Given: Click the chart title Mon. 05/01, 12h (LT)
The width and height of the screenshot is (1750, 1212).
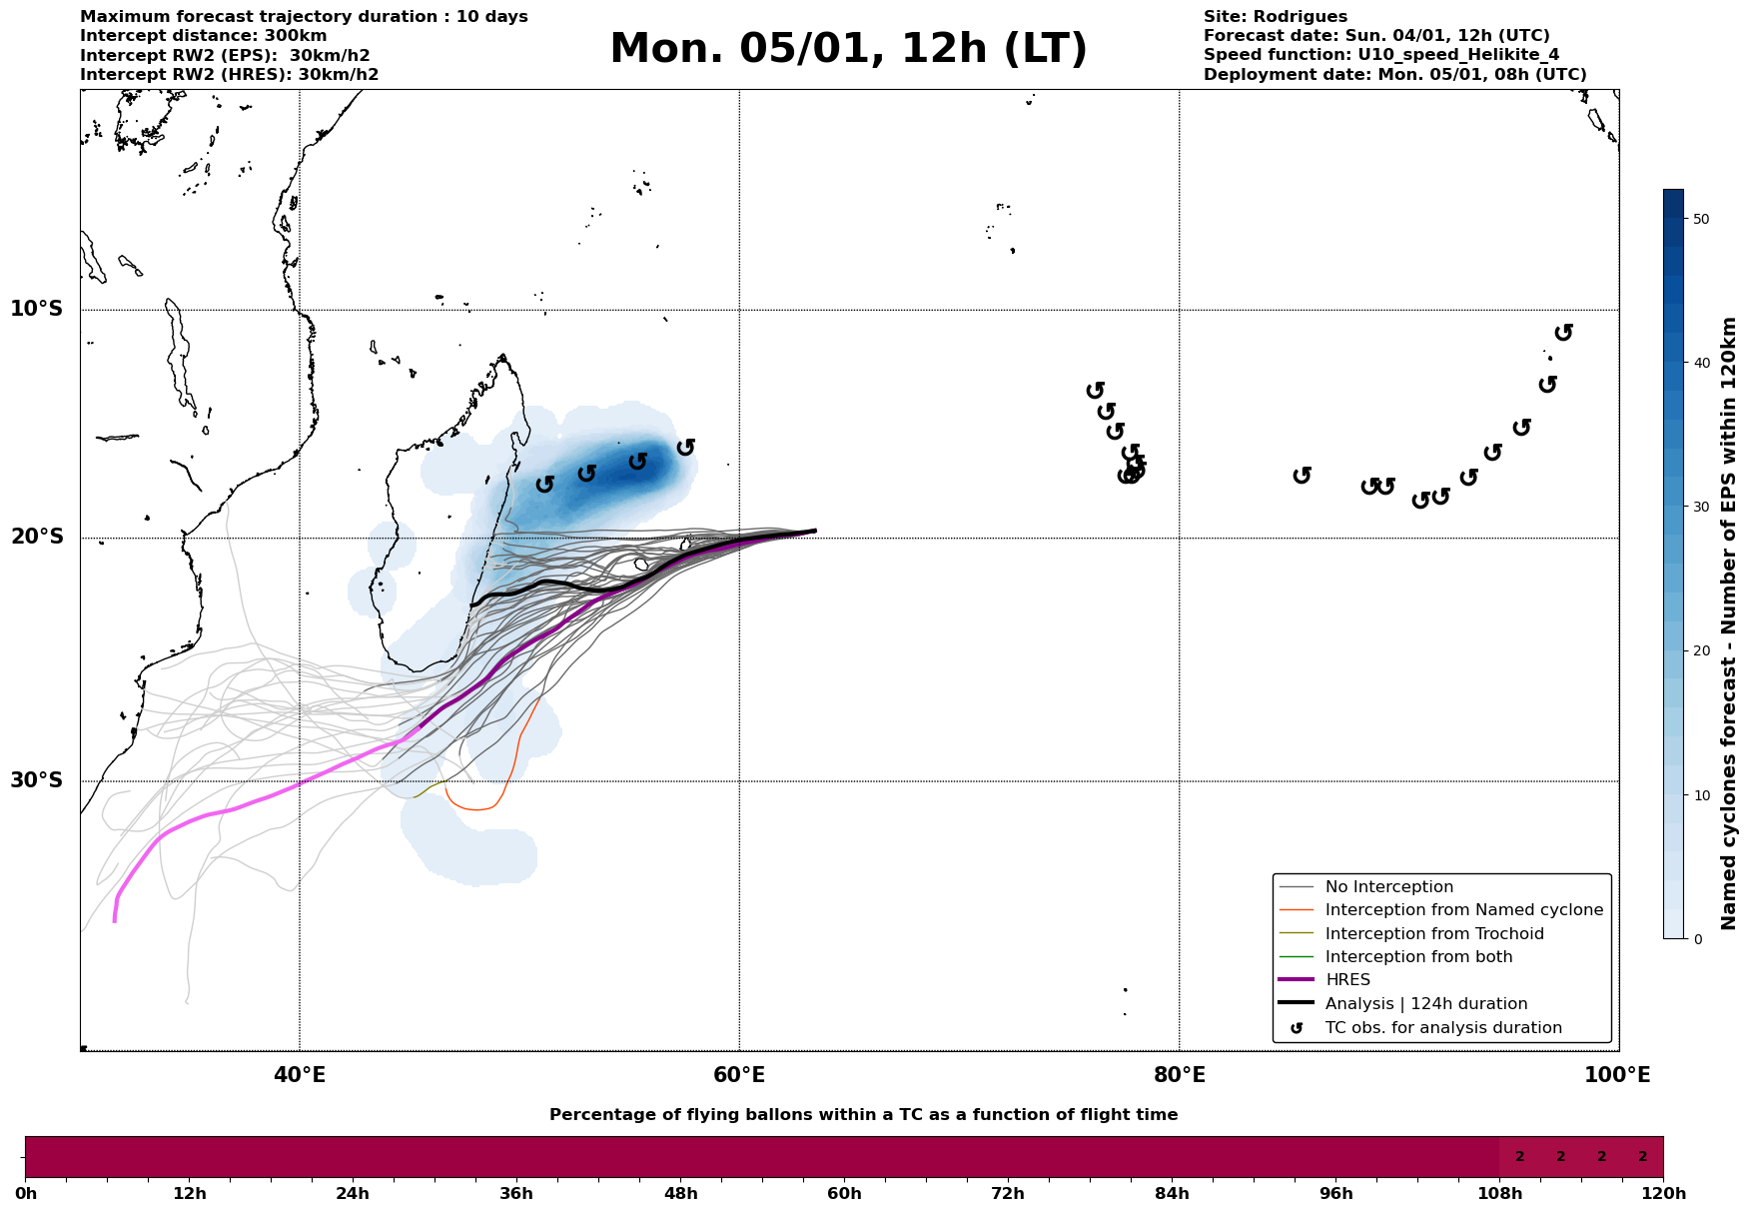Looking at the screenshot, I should (848, 49).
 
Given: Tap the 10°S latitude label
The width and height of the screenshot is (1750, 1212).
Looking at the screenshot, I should (37, 309).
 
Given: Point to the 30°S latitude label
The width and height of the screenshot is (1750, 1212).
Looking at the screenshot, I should (37, 780).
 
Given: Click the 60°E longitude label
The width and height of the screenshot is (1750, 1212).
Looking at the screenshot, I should (739, 1075).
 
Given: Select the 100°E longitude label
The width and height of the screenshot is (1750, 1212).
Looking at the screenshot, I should (1618, 1075).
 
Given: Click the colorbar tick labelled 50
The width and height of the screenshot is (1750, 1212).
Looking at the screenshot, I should (1701, 219).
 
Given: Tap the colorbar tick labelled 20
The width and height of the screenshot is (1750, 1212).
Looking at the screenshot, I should (1701, 651).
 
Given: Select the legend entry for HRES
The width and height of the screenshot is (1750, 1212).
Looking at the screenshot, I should (1347, 980).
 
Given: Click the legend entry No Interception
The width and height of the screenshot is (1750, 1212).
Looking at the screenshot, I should (1388, 887).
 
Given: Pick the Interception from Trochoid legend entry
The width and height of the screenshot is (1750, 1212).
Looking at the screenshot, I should (1433, 934).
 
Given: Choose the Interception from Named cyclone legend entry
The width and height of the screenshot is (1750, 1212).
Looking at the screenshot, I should (1463, 910).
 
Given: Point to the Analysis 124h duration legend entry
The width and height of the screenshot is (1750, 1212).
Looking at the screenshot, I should (1425, 1004).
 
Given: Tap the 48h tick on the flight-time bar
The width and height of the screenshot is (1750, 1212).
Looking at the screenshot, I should (680, 1193).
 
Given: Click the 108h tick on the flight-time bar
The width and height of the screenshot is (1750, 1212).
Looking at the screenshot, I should (1499, 1193).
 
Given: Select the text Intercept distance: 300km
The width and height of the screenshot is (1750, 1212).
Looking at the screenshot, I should (203, 36).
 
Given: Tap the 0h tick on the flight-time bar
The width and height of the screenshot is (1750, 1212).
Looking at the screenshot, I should (26, 1193).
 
